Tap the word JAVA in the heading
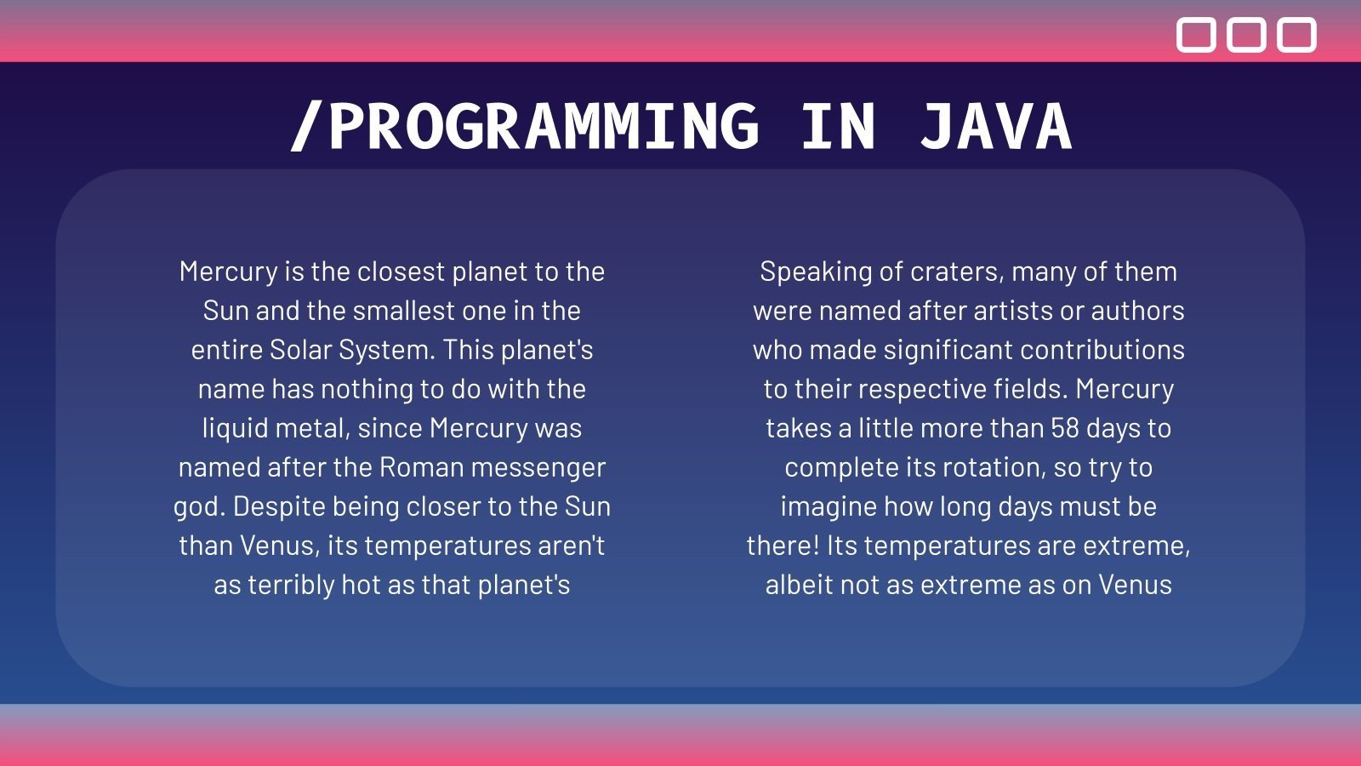[995, 127]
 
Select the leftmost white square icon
[1196, 35]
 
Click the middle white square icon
[1246, 35]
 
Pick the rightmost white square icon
[1296, 35]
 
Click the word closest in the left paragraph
[400, 272]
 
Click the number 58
[1065, 428]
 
